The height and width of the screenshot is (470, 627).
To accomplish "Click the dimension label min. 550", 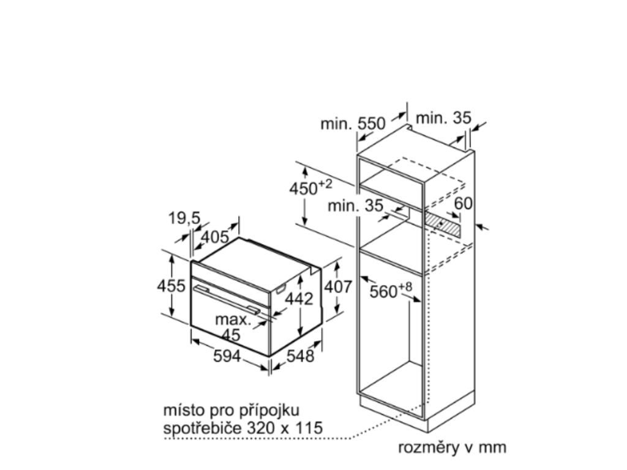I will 353,124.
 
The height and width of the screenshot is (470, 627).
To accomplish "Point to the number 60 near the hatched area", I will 464,204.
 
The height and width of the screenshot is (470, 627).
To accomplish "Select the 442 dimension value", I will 300,299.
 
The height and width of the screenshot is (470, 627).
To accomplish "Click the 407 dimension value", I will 339,286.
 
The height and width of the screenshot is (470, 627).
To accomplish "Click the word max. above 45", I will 233,319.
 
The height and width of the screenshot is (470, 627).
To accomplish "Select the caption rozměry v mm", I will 452,447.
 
